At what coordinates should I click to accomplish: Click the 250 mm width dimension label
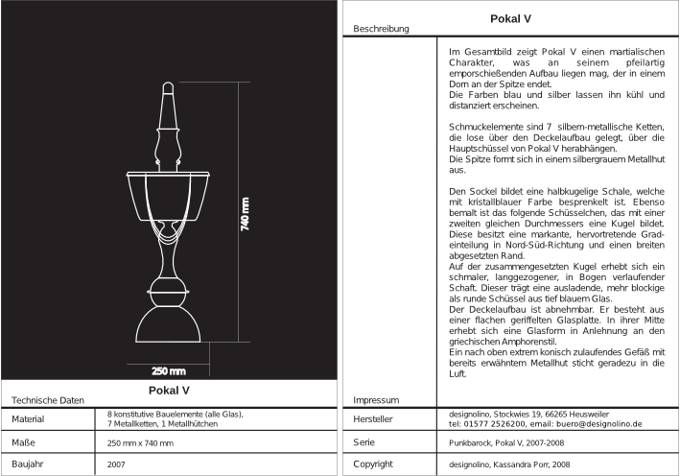pos(170,370)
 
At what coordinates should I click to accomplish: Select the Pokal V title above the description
pos(510,18)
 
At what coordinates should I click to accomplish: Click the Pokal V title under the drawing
pos(170,391)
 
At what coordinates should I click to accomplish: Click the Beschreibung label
pos(382,30)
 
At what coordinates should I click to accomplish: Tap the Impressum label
pos(375,399)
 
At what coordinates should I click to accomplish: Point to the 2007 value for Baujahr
pos(116,464)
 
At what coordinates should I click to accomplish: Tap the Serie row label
pos(363,441)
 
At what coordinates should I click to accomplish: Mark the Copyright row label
pos(373,464)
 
